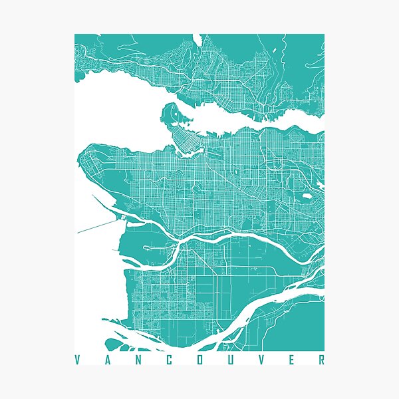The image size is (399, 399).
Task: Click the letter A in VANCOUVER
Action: [109, 360]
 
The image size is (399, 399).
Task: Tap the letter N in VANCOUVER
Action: [140, 360]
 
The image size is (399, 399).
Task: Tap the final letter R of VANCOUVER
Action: [322, 360]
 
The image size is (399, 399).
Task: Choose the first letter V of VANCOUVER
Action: [78, 360]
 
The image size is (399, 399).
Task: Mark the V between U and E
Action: [263, 360]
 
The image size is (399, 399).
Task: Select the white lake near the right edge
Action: [307, 196]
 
